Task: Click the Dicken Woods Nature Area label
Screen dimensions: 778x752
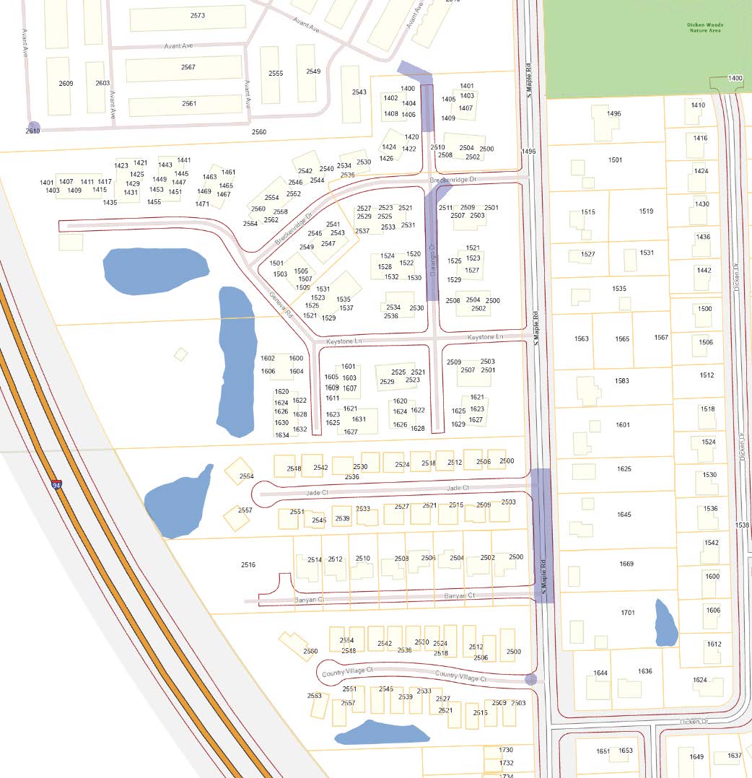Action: pos(704,27)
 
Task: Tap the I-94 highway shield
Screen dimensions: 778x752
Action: pos(56,485)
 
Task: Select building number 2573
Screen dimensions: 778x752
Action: pos(198,16)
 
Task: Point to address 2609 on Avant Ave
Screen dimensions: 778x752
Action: pos(66,84)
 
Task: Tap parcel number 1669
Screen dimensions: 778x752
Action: pos(626,564)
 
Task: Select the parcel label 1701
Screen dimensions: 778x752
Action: pos(627,613)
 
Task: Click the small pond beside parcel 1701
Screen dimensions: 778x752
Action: pos(665,623)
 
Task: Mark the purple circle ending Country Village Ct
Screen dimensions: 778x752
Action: pos(531,678)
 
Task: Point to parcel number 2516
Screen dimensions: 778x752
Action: pos(248,564)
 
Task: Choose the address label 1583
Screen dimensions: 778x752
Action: pos(621,381)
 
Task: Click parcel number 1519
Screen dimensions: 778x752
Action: pos(646,211)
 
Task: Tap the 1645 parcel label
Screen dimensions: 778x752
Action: pos(624,515)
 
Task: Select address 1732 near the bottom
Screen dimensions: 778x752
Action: pos(506,763)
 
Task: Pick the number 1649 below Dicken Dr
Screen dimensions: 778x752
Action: pos(696,757)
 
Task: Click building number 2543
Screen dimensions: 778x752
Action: pos(359,92)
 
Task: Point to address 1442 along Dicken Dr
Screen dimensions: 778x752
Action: pos(704,270)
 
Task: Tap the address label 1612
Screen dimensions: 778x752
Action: pos(714,644)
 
